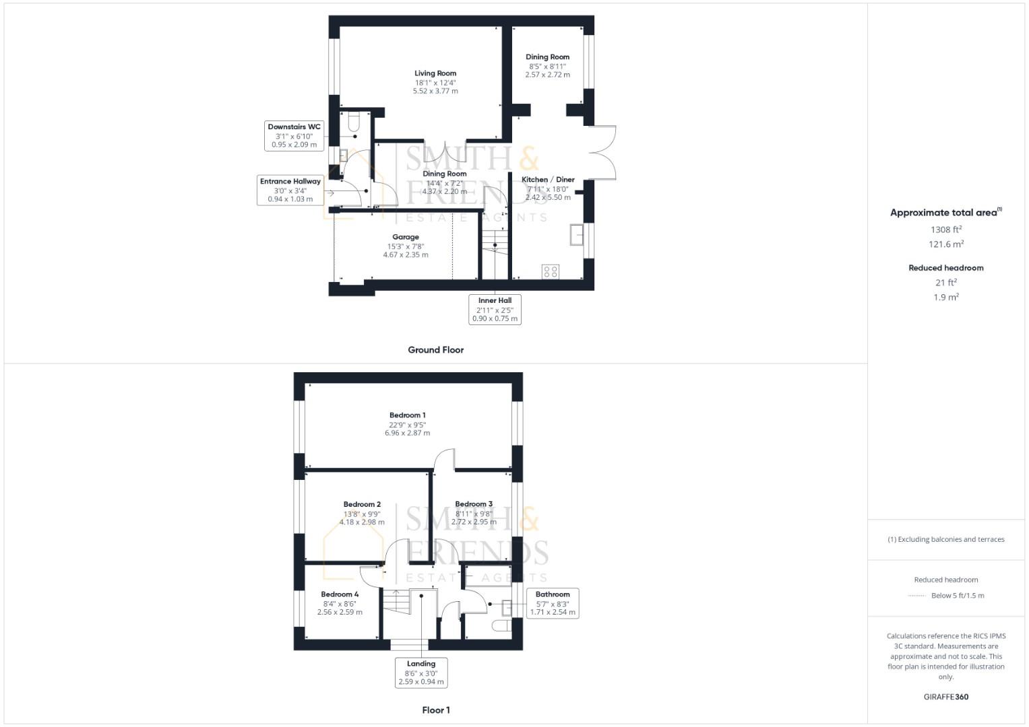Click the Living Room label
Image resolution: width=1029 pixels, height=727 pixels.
click(435, 73)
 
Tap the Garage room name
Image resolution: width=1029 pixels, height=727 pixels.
click(406, 237)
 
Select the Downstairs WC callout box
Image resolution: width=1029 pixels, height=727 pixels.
click(294, 135)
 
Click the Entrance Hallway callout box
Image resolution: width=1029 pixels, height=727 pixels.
click(290, 190)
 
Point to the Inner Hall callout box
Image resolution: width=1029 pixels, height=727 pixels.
click(495, 310)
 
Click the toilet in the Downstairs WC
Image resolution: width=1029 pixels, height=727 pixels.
click(354, 123)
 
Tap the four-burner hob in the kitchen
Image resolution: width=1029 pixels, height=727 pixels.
click(551, 271)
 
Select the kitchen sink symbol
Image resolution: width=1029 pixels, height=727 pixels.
click(577, 235)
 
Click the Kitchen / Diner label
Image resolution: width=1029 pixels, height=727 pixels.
click(548, 180)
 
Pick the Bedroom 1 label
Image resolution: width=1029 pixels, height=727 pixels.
click(408, 415)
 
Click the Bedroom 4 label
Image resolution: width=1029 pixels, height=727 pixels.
click(340, 594)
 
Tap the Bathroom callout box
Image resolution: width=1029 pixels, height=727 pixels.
click(553, 603)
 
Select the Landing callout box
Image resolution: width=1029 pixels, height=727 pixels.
click(421, 672)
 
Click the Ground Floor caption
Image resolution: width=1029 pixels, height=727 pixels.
click(436, 350)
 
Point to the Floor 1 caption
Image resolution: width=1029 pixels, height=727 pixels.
click(436, 710)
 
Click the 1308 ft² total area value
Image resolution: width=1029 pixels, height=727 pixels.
click(946, 230)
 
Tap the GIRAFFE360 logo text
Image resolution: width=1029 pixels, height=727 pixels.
click(946, 697)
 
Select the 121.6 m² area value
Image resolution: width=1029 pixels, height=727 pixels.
click(946, 244)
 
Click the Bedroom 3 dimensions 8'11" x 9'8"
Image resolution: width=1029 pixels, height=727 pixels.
click(474, 514)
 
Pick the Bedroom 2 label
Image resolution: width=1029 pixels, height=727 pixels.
click(362, 504)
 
